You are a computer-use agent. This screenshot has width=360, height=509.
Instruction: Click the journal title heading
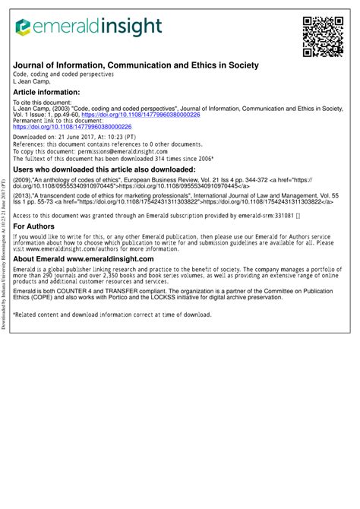(136, 66)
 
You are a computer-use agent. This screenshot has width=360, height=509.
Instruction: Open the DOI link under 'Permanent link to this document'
(72, 127)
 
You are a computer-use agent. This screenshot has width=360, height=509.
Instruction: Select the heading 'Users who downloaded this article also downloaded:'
(104, 169)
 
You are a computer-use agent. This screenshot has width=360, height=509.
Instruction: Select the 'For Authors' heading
(33, 227)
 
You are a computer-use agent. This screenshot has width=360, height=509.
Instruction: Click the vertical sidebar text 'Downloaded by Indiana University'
(5, 289)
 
